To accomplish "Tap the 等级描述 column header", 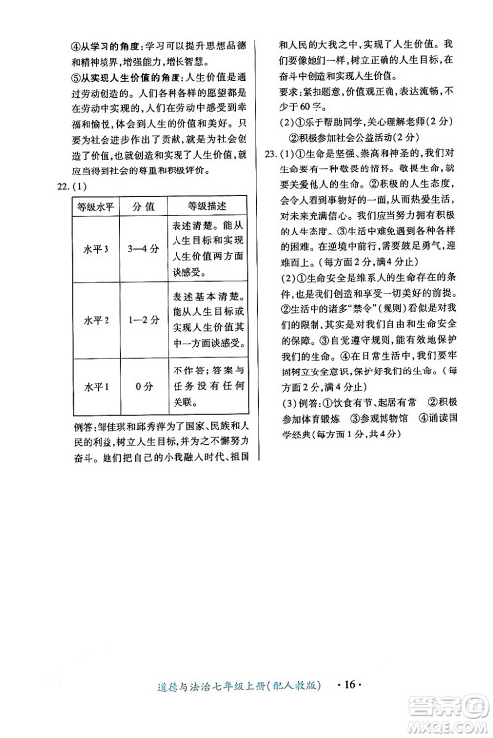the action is coord(205,206).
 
